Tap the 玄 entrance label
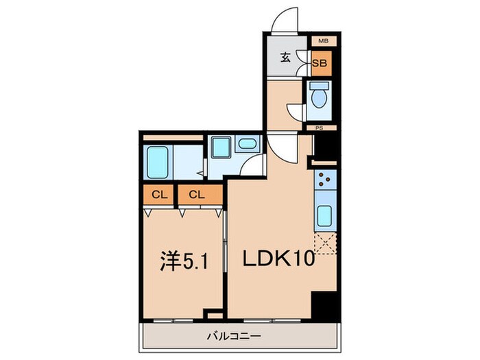coord(287,58)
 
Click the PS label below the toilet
coord(320,128)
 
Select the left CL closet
coord(160,195)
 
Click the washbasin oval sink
coord(247,144)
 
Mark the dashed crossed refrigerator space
coord(324,243)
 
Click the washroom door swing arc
coord(255,165)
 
